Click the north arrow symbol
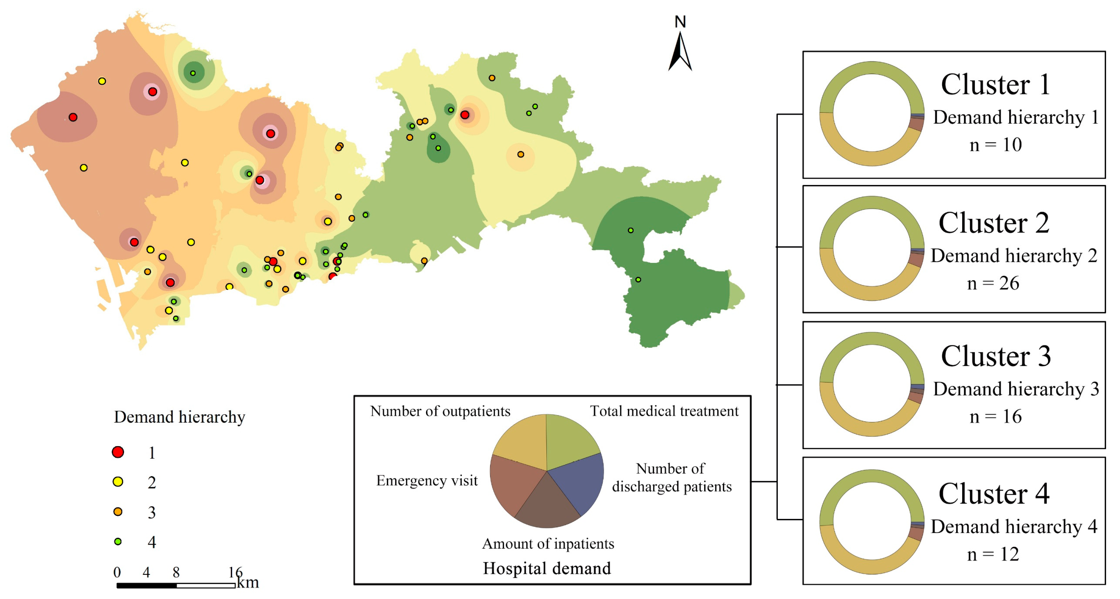(x=680, y=52)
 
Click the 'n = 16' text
(x=995, y=416)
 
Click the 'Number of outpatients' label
(x=440, y=411)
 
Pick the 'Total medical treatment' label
(x=664, y=411)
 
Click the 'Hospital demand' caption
(x=547, y=568)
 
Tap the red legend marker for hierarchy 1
(x=118, y=452)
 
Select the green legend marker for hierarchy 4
(x=118, y=542)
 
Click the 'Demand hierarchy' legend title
(x=179, y=417)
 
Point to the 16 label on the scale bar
(x=235, y=572)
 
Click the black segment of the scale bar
(x=147, y=585)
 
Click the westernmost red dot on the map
(x=73, y=117)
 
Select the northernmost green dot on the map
(x=193, y=73)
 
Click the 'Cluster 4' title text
(x=994, y=494)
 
